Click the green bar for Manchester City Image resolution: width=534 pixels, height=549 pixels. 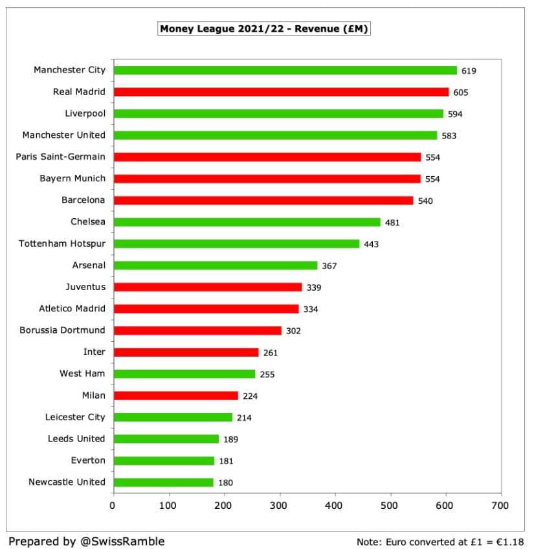click(x=285, y=71)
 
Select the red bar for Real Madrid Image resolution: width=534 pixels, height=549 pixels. click(x=280, y=92)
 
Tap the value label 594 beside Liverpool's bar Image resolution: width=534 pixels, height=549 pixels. click(x=455, y=114)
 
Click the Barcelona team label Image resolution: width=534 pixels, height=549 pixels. click(x=83, y=200)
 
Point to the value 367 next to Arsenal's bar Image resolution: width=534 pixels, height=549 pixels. click(x=329, y=265)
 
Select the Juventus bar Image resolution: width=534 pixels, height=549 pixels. click(x=207, y=287)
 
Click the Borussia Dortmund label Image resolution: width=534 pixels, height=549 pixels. click(x=62, y=330)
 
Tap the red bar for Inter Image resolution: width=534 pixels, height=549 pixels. click(x=186, y=352)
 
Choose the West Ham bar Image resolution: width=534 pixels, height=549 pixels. click(x=184, y=374)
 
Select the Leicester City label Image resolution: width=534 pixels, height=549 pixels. click(x=75, y=417)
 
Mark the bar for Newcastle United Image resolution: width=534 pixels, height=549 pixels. click(x=163, y=482)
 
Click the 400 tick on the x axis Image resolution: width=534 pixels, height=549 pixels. click(x=335, y=505)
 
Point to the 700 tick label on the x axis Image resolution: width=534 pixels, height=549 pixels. click(x=500, y=505)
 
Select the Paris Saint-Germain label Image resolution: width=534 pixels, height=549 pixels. click(x=63, y=157)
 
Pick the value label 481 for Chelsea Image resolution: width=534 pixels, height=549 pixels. click(x=392, y=223)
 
